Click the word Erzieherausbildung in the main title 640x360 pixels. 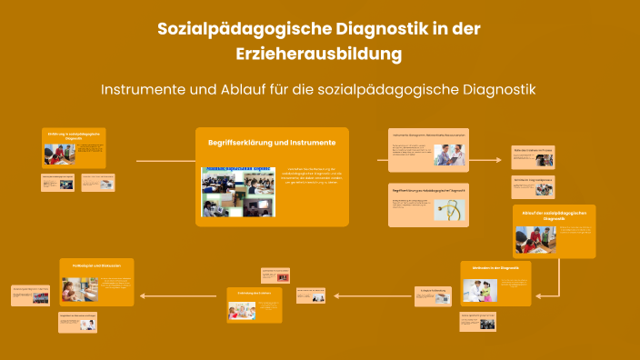point(319,55)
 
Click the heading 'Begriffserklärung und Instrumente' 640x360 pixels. point(272,143)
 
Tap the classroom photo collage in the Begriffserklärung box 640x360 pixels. point(237,191)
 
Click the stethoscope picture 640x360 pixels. point(453,208)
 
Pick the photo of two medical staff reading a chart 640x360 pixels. point(447,155)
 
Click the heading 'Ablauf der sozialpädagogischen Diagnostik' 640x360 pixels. point(554,215)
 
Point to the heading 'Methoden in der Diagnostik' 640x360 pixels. point(495,269)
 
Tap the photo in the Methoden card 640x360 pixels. point(479,290)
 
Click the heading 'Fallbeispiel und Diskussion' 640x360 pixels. point(96,265)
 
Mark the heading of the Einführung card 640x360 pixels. point(74,135)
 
